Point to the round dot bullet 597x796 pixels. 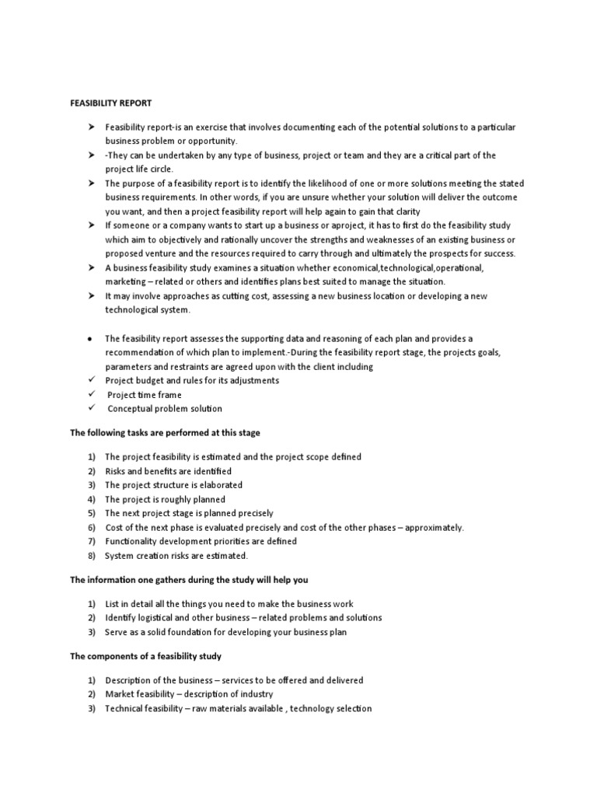click(91, 339)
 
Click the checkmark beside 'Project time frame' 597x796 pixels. click(91, 394)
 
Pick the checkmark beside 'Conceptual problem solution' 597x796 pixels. click(91, 408)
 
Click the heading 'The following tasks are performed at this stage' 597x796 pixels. click(170, 432)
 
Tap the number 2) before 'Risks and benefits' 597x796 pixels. click(91, 471)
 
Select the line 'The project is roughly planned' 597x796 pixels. click(165, 499)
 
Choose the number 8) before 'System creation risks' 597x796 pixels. click(91, 555)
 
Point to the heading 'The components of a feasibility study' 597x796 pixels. click(146, 656)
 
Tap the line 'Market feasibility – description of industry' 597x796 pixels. click(189, 694)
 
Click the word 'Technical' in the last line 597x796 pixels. click(124, 708)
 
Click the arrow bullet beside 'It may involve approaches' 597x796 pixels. click(91, 296)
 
